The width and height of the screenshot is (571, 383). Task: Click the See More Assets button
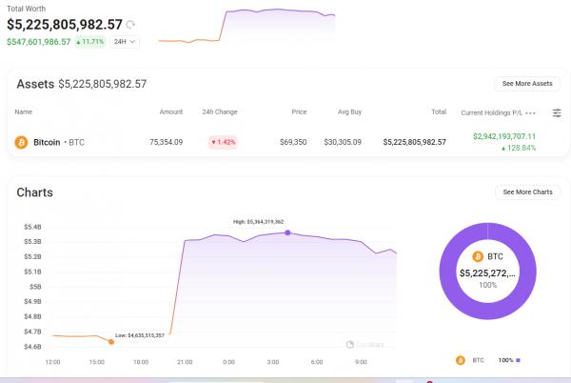526,84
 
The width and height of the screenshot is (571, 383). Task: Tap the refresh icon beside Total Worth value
130,24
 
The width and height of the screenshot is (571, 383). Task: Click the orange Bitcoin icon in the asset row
21,142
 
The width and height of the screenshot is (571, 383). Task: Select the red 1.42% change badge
223,142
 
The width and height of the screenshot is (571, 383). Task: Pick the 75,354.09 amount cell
166,142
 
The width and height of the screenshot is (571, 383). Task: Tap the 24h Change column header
220,112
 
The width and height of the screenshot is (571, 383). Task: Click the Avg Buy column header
349,112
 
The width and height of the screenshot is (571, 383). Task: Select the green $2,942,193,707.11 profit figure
503,136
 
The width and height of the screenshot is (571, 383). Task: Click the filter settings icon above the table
557,112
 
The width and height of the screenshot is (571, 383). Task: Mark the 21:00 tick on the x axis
185,362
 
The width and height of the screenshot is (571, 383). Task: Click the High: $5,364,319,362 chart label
259,221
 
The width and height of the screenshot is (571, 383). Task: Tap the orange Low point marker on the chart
111,341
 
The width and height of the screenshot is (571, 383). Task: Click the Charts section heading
34,192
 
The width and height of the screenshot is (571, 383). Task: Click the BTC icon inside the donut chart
477,256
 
